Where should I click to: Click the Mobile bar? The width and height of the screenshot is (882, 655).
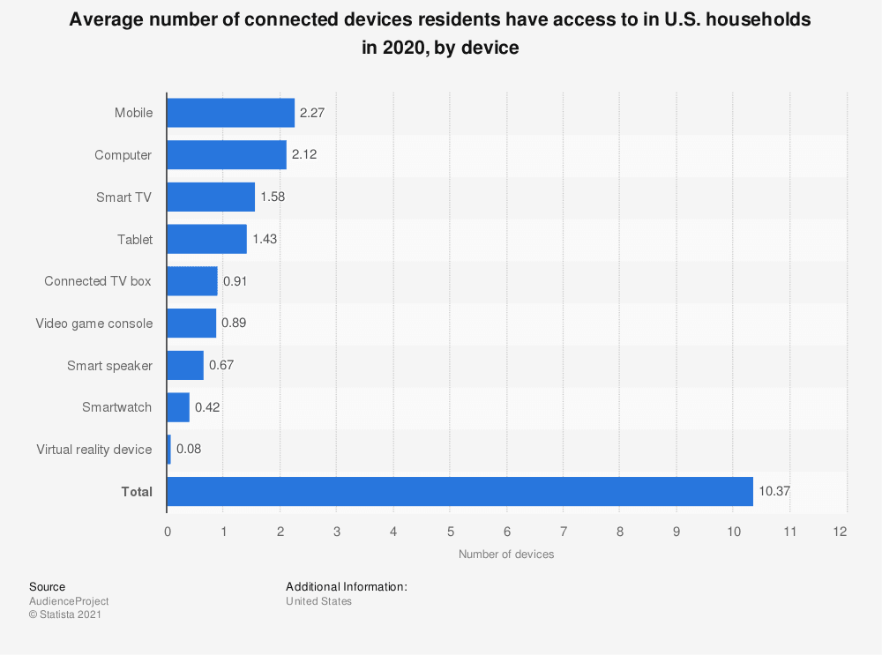[230, 113]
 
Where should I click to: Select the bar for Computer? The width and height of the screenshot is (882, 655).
[226, 155]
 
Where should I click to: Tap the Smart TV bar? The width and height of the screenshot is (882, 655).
[210, 197]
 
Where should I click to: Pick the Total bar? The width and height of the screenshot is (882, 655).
[459, 492]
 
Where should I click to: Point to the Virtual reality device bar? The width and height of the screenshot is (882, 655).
[168, 450]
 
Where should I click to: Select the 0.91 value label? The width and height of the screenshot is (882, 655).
[235, 281]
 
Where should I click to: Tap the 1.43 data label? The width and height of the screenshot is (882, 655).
[265, 239]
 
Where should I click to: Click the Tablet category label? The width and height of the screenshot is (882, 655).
[135, 239]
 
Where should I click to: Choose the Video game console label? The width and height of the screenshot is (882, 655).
[94, 324]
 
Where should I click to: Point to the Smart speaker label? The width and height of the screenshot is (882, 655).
[109, 365]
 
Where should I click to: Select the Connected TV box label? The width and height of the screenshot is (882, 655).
[98, 281]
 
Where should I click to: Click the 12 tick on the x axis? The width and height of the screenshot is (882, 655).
[840, 532]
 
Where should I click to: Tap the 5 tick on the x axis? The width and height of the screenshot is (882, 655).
[450, 532]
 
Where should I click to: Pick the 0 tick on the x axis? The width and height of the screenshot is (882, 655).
[167, 532]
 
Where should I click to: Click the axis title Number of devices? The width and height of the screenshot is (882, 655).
[506, 554]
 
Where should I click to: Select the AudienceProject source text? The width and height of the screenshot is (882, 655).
[69, 601]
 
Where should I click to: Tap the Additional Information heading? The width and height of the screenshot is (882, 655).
[346, 586]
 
